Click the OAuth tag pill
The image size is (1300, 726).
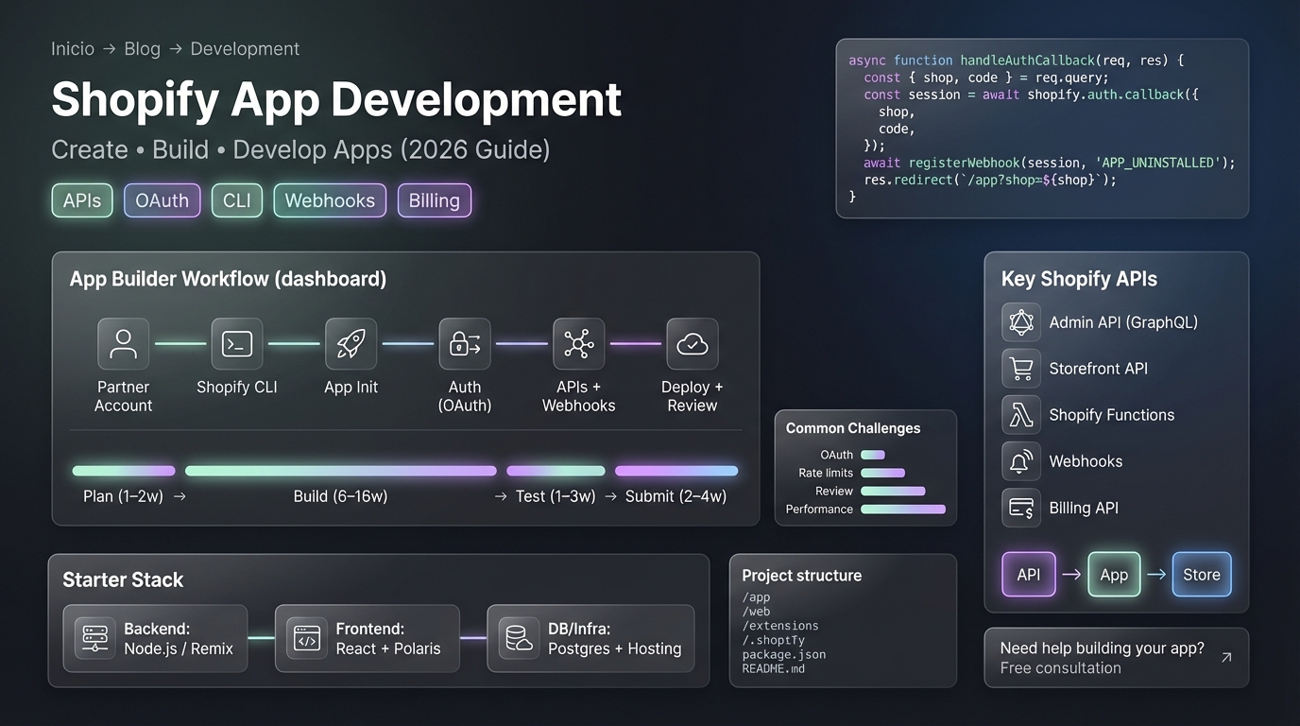(162, 200)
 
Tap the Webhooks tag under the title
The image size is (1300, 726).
(330, 200)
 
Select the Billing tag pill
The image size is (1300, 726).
(434, 200)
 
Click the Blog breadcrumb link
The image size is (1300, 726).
(143, 49)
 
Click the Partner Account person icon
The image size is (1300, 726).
(123, 343)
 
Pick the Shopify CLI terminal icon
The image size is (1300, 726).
(237, 343)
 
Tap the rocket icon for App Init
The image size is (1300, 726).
(351, 343)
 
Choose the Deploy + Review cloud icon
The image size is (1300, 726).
(693, 343)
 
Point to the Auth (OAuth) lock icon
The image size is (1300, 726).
(465, 343)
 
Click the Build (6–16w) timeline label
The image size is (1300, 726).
(340, 496)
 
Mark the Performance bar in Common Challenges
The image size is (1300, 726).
(902, 510)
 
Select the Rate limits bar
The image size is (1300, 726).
(882, 473)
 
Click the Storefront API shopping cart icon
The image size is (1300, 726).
(1021, 369)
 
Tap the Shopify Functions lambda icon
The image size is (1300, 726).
(1021, 415)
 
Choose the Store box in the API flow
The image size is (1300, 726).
(1202, 575)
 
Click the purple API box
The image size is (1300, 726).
(1029, 575)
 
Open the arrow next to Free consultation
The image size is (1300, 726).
(1225, 657)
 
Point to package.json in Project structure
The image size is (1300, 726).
(784, 654)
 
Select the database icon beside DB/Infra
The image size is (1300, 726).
(518, 639)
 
